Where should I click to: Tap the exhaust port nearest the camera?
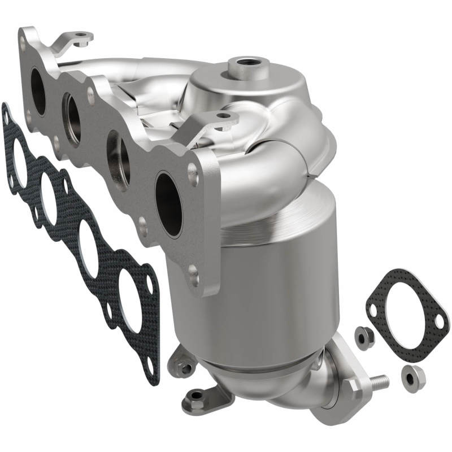pyautogui.click(x=168, y=204)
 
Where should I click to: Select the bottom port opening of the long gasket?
pyautogui.click(x=133, y=306)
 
